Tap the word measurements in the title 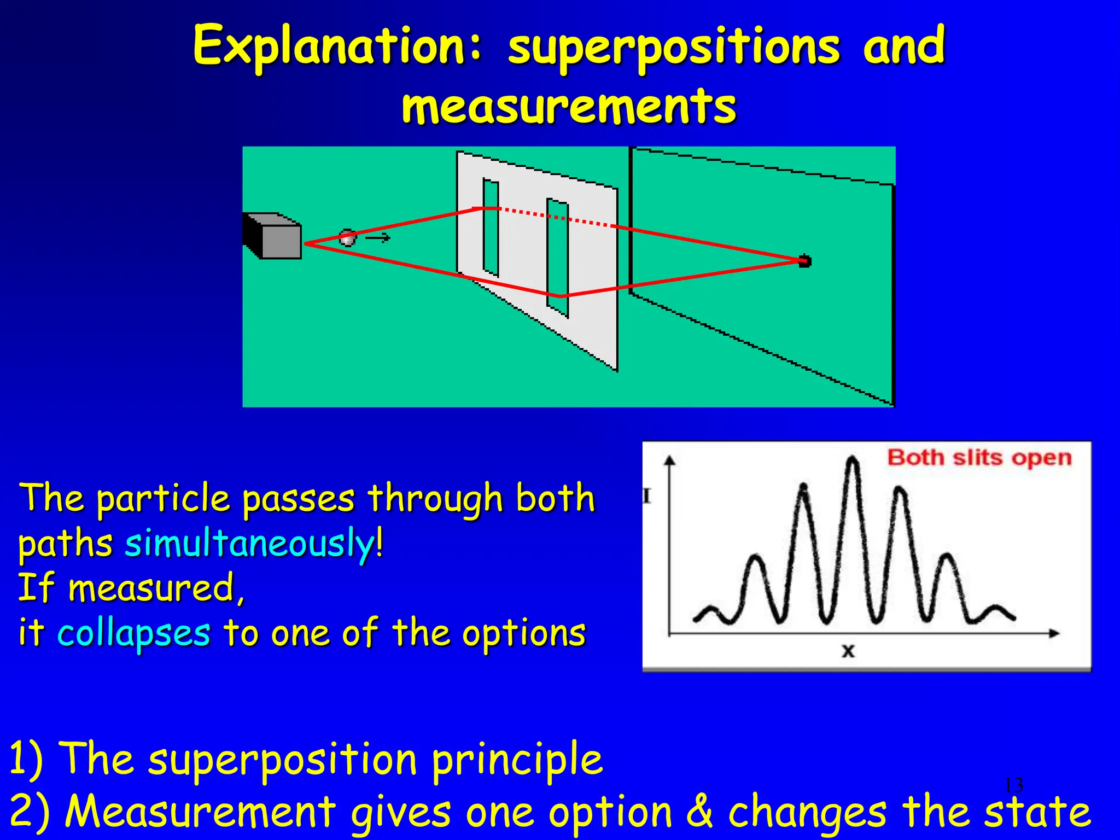569,107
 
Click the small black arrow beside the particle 378,237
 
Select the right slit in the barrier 558,257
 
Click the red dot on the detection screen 804,261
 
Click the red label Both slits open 979,457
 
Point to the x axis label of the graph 848,651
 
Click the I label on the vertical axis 647,497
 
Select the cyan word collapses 134,633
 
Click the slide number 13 1013,785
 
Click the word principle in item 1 517,760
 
